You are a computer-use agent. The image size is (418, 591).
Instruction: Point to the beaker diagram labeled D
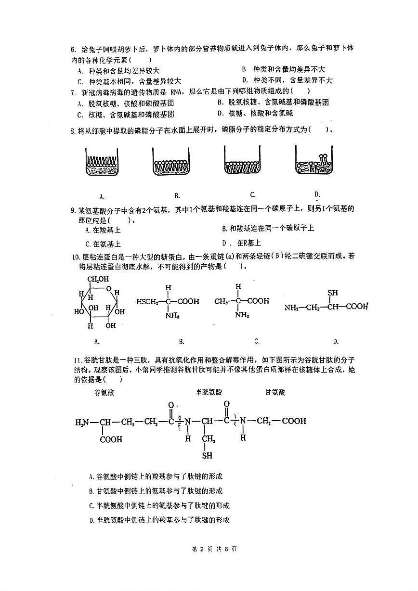tap(315, 162)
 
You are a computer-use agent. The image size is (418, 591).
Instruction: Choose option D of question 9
tap(241, 243)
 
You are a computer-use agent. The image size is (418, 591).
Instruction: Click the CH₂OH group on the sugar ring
tap(98, 279)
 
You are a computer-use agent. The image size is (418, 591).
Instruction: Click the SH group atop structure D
tap(332, 293)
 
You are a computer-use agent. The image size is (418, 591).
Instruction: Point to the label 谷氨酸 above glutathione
tap(104, 392)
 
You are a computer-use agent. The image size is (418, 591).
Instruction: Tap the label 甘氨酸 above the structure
tap(275, 392)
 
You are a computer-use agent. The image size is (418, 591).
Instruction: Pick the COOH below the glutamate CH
tap(111, 439)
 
